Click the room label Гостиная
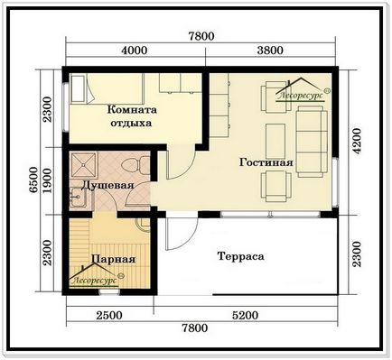tap(266, 162)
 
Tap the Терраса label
tap(240, 256)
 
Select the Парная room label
tap(113, 259)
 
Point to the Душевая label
tap(107, 185)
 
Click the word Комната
tap(132, 109)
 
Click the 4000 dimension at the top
tap(135, 51)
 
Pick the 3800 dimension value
tap(270, 51)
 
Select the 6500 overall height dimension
tap(34, 180)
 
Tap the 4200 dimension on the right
tap(358, 142)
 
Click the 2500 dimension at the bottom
tap(109, 315)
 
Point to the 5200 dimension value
tap(245, 315)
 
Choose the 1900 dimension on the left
tap(47, 180)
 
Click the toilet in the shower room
tap(135, 165)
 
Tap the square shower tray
tap(83, 165)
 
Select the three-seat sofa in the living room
tap(312, 141)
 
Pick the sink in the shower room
tap(79, 198)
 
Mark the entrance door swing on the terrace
tap(182, 233)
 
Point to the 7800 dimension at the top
tap(201, 36)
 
